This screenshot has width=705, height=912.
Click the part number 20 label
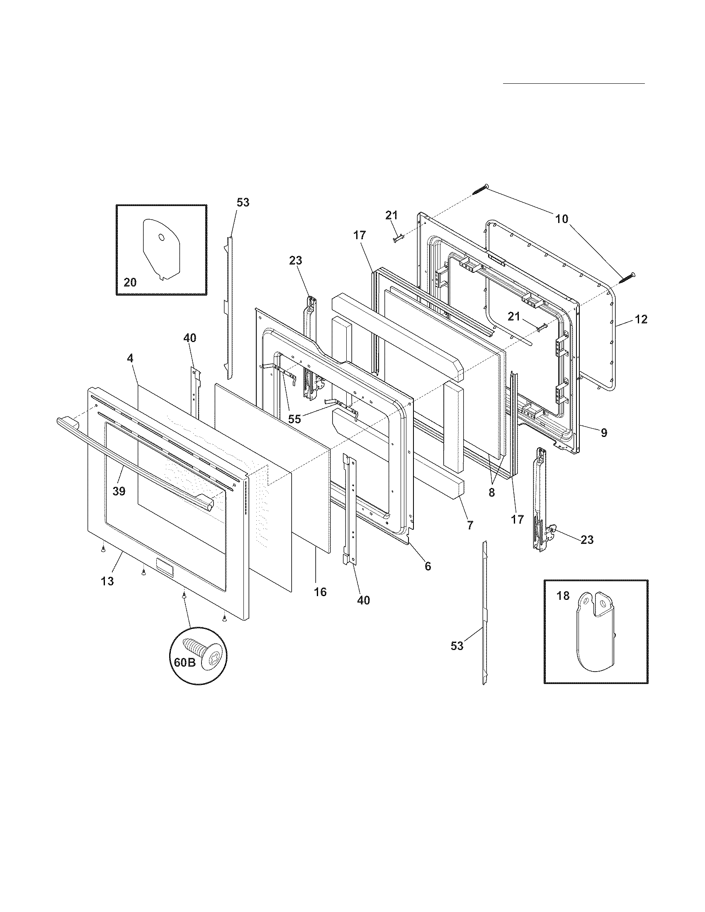pyautogui.click(x=130, y=283)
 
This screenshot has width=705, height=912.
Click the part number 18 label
pyautogui.click(x=563, y=595)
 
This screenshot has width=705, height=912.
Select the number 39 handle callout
pyautogui.click(x=119, y=492)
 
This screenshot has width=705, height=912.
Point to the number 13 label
pyautogui.click(x=107, y=581)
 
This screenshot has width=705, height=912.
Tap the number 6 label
pyautogui.click(x=428, y=566)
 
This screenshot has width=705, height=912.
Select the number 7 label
pyautogui.click(x=470, y=525)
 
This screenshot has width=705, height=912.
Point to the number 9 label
pyautogui.click(x=604, y=433)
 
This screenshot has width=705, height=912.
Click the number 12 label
pyautogui.click(x=641, y=320)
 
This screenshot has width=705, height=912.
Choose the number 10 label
pyautogui.click(x=562, y=218)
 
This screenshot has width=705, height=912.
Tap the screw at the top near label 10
pyautogui.click(x=480, y=190)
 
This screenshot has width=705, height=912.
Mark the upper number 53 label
pyautogui.click(x=243, y=203)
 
